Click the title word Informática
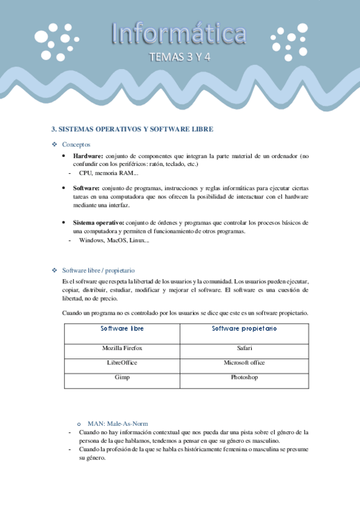click(178, 35)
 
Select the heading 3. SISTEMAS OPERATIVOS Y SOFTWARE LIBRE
click(132, 129)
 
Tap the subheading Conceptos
click(76, 144)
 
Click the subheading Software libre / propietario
click(98, 271)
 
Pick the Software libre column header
click(122, 329)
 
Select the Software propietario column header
click(244, 329)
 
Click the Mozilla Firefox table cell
click(122, 348)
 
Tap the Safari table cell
click(244, 348)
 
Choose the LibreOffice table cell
click(122, 363)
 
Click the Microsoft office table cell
click(244, 363)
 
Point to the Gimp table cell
click(122, 377)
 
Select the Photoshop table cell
click(244, 377)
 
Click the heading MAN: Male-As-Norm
click(117, 423)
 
